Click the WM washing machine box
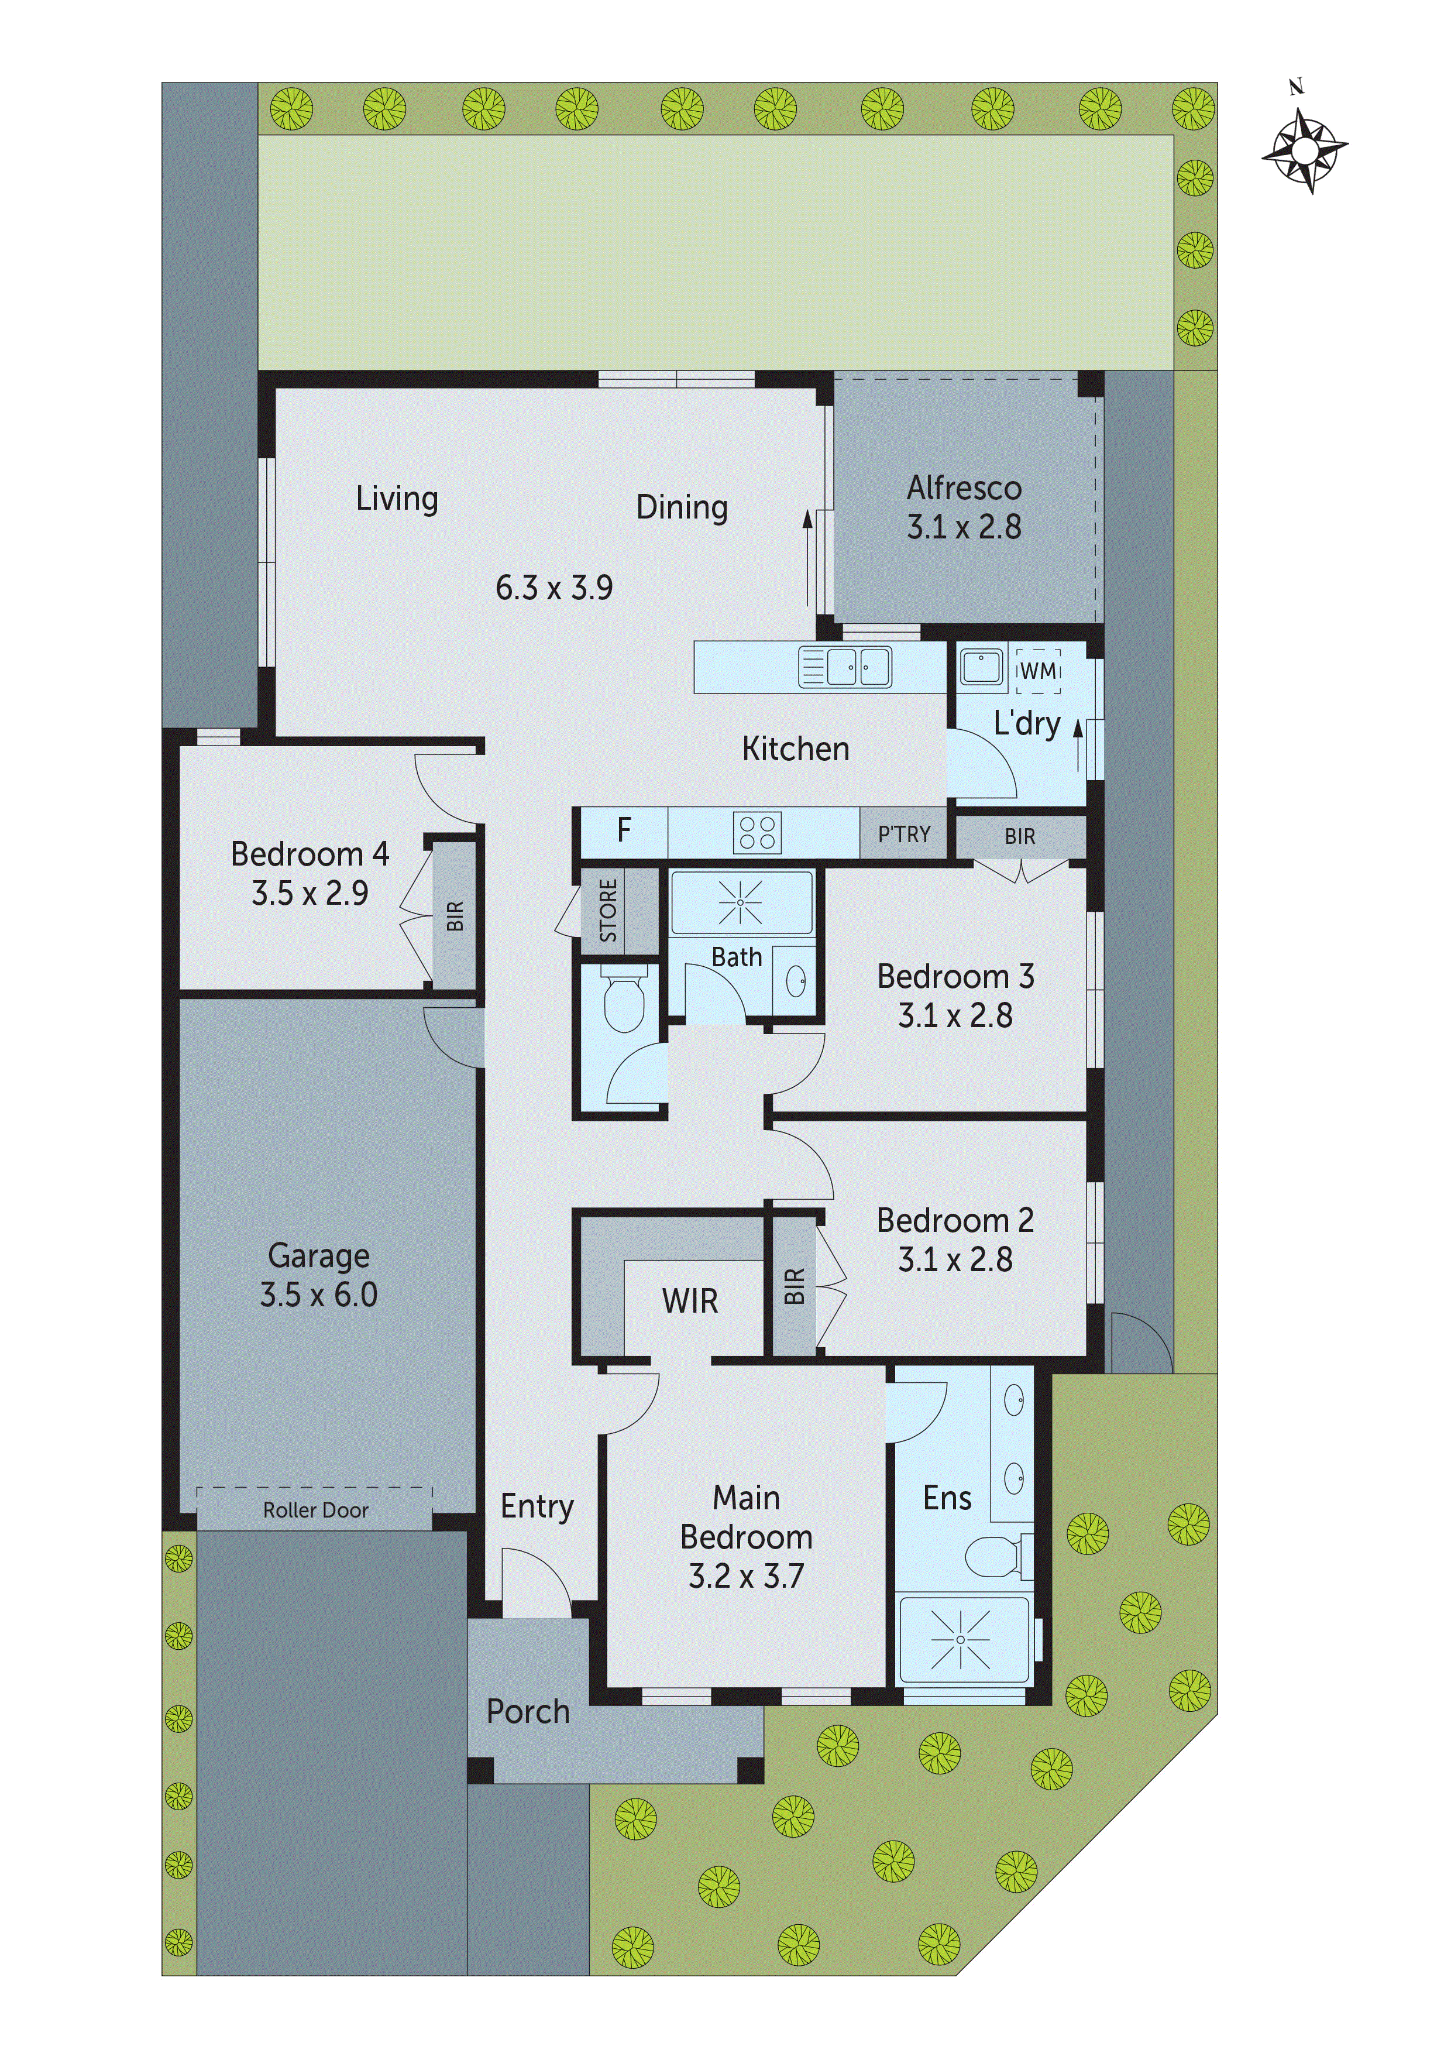point(1038,671)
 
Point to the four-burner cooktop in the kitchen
point(757,832)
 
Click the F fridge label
point(624,830)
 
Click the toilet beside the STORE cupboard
point(624,1001)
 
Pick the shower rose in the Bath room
point(740,903)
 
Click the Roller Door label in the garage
point(315,1511)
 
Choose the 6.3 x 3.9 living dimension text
point(553,588)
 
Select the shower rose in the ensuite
point(960,1640)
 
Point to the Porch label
point(528,1712)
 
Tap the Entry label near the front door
point(537,1506)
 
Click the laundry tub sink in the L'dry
point(981,668)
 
